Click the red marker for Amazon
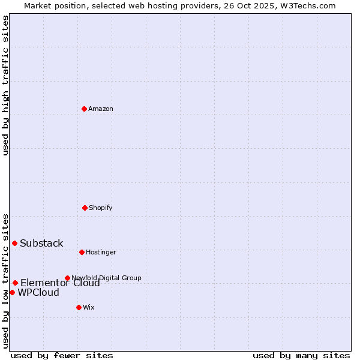(x=84, y=109)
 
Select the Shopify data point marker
(x=85, y=208)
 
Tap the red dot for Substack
(x=14, y=243)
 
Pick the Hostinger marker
(x=82, y=252)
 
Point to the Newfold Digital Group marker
(x=67, y=278)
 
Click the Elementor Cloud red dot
(x=15, y=283)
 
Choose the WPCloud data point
(x=12, y=292)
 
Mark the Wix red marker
(x=79, y=307)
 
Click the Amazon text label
(x=101, y=109)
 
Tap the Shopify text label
(x=101, y=208)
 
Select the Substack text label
(x=41, y=243)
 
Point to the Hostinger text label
(x=101, y=252)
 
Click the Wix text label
(x=89, y=307)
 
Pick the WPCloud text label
(x=38, y=293)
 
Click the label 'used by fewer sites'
(x=62, y=355)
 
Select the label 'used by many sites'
(x=301, y=355)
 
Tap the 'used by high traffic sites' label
(x=5, y=85)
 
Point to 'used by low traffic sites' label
(x=5, y=281)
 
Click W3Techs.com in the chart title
(x=309, y=5)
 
